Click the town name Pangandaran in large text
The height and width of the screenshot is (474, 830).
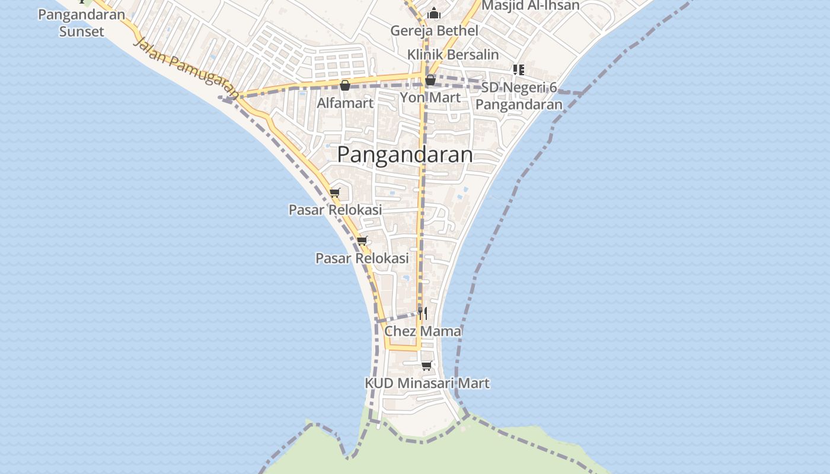coord(405,155)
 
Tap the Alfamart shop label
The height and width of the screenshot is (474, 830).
coord(345,103)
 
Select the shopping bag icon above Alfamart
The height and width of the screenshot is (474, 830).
coord(345,85)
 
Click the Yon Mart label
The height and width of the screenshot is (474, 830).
coord(430,97)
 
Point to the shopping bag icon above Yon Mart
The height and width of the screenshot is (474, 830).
coord(430,80)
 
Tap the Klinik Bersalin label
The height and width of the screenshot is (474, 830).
coord(453,55)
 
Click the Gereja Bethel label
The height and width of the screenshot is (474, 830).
coord(435,30)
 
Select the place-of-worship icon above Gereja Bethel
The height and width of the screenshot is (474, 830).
coord(434,13)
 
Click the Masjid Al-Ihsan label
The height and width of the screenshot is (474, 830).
coord(530,5)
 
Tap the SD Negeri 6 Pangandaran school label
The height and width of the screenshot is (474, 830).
coord(519,96)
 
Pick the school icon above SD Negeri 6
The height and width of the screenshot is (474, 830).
coord(519,70)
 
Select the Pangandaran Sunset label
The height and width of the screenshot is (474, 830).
coord(82,23)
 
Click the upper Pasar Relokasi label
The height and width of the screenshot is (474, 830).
coord(335,210)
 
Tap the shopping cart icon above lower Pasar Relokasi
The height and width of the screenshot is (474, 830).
coord(362,241)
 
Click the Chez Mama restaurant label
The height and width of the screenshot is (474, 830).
coord(423,331)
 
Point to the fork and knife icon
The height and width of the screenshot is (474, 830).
coord(423,313)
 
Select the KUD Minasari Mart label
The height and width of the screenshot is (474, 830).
coord(427,383)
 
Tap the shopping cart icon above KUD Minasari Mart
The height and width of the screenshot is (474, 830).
coord(426,366)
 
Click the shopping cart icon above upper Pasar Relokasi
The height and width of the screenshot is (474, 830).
coord(335,192)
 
